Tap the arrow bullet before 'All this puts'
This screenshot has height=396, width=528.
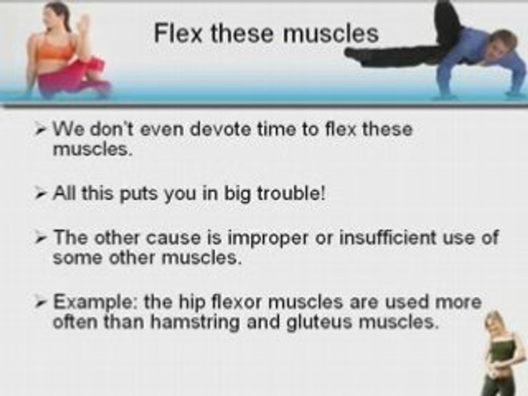click(x=43, y=195)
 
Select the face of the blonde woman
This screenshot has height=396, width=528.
click(x=496, y=322)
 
